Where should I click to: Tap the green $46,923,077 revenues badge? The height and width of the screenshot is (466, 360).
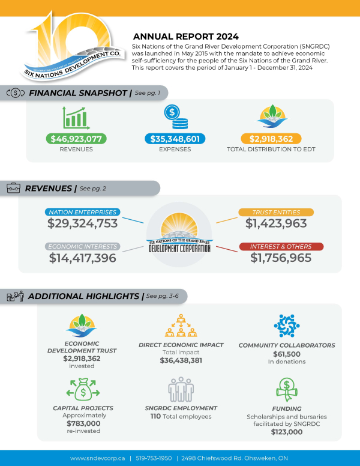(x=76, y=139)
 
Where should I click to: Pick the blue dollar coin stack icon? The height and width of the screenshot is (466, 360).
(x=175, y=116)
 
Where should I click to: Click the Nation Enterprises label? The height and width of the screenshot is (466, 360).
(x=83, y=212)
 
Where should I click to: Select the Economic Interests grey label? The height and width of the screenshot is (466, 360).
(x=83, y=246)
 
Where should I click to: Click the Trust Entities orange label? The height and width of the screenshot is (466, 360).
(x=276, y=212)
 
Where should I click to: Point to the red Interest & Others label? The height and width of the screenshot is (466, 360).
(x=276, y=246)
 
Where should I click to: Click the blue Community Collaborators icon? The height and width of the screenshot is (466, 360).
(x=286, y=325)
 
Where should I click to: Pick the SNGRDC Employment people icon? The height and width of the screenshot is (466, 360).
(x=181, y=390)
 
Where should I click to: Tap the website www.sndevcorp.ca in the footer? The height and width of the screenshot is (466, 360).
(x=98, y=458)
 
